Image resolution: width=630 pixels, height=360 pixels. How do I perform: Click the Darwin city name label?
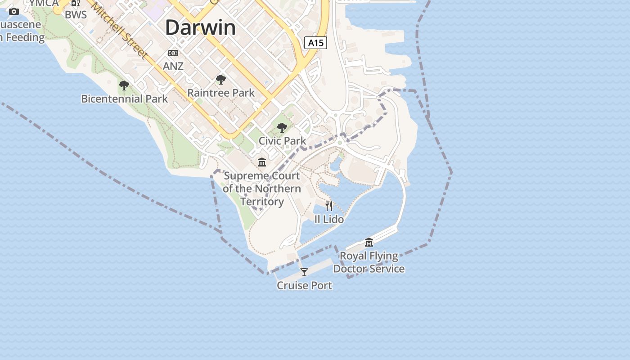pos(200,28)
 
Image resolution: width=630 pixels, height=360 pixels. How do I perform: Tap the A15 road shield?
pos(315,43)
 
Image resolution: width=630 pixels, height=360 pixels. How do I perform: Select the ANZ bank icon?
pos(173,53)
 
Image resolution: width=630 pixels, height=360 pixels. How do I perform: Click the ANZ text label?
pos(173,66)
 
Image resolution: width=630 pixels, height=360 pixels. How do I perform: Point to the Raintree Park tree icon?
pos(220,80)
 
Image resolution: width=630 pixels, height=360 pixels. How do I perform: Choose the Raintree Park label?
pos(221,93)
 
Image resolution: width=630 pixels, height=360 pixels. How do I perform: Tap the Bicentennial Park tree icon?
pos(124,85)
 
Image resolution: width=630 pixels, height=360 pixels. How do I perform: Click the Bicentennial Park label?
pos(124,99)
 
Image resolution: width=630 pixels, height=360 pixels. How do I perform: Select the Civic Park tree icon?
pos(282,128)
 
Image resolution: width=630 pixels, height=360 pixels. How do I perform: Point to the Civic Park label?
pos(282,141)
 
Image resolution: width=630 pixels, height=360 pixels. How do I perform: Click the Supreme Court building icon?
pos(262,162)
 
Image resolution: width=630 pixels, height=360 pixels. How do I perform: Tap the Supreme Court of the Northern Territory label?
pos(262,189)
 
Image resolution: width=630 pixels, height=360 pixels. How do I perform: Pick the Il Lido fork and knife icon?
pos(329,206)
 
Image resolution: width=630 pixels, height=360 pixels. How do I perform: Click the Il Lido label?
pos(329,219)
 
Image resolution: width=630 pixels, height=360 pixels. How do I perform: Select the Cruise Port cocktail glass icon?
pos(304,272)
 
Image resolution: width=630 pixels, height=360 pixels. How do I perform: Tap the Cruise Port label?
pos(304,285)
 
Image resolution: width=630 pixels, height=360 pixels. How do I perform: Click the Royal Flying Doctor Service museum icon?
pos(369,243)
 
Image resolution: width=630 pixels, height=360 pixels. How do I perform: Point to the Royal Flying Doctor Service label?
pos(369,262)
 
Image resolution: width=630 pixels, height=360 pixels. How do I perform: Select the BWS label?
pos(76,15)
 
